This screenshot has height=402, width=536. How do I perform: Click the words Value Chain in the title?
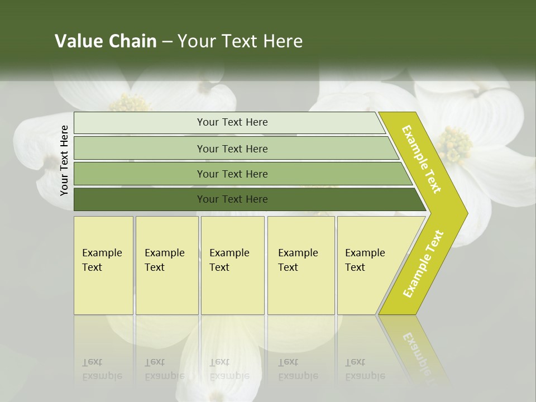point(106,41)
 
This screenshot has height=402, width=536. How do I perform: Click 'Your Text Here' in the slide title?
point(240,41)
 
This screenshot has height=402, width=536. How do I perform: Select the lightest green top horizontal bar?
point(229,122)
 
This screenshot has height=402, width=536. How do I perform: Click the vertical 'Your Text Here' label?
point(64,160)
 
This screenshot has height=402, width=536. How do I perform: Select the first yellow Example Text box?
point(103,265)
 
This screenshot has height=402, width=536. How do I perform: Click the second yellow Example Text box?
point(166,265)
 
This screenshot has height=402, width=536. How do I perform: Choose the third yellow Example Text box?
point(232,265)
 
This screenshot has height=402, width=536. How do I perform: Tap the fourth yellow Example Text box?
point(300,265)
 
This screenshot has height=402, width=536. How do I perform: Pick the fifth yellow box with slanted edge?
point(368,265)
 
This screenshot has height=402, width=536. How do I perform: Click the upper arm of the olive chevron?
point(422,159)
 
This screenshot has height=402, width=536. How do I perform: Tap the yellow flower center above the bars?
point(130,103)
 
